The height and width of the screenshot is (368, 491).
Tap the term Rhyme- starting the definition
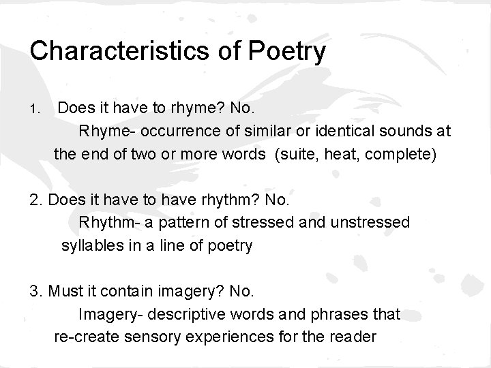click(102, 130)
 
